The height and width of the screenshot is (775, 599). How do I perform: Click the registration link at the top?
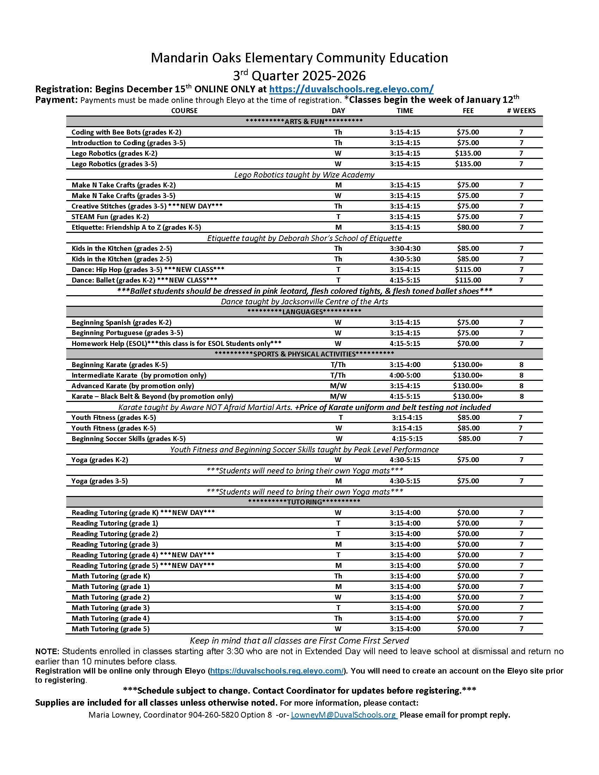351,89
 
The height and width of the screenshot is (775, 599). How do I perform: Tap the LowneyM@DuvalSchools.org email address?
343,715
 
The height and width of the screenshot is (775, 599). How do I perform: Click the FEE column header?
468,111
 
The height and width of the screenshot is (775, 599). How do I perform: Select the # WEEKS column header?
521,111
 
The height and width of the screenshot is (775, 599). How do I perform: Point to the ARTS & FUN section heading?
304,122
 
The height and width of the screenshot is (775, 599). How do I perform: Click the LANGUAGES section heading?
304,312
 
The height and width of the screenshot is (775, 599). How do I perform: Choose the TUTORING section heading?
304,502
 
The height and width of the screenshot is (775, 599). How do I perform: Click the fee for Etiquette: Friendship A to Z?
468,227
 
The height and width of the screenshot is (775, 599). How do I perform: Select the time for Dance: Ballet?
405,280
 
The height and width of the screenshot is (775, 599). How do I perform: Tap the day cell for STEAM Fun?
338,216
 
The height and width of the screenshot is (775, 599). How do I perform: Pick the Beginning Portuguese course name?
127,333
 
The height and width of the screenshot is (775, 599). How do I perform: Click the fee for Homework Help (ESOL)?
468,343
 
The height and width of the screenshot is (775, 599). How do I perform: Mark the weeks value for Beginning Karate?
521,365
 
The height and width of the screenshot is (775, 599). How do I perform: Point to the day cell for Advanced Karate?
338,386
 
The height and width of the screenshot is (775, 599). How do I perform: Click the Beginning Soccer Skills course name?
129,439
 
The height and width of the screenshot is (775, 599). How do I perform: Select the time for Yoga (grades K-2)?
405,460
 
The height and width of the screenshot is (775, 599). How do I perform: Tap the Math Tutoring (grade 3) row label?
110,608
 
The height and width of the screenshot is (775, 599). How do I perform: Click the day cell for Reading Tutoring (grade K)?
338,513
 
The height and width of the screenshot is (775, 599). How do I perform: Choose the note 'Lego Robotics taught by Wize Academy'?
304,175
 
